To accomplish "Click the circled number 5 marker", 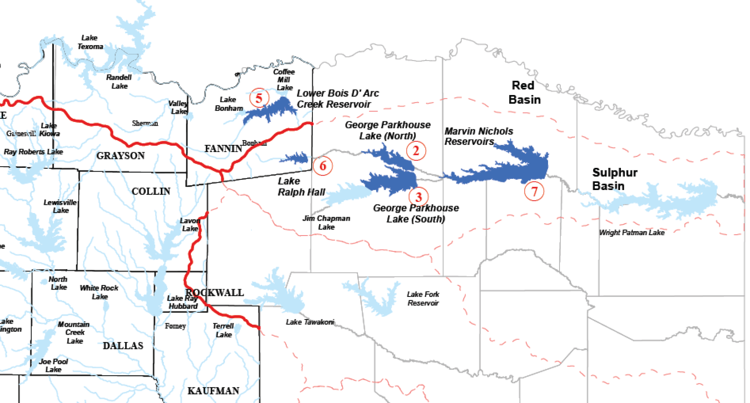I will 259,98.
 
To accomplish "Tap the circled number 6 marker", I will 323,166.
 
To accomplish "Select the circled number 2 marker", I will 416,151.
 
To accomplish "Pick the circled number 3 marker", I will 418,197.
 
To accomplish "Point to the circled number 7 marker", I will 534,191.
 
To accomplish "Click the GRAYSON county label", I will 121,155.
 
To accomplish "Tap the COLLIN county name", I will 151,191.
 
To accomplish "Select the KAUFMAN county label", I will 213,391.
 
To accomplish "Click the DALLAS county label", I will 123,345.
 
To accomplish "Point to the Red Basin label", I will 524,92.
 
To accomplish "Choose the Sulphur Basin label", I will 614,179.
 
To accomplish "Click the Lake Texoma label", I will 90,42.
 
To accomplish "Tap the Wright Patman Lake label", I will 632,233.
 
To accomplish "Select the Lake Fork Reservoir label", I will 423,299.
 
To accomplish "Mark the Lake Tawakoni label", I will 310,322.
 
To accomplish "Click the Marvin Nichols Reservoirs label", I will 478,136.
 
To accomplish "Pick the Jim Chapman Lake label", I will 326,222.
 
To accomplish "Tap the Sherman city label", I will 145,123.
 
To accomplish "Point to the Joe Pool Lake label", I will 53,366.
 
